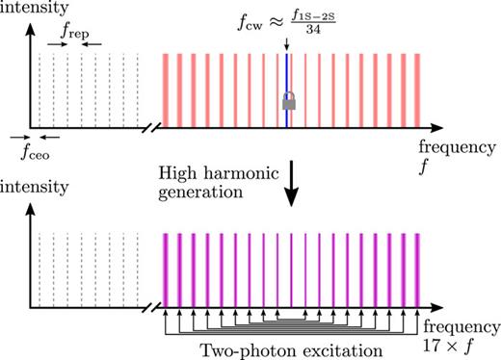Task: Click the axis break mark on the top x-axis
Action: click(x=151, y=127)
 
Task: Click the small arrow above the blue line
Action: click(x=287, y=43)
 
